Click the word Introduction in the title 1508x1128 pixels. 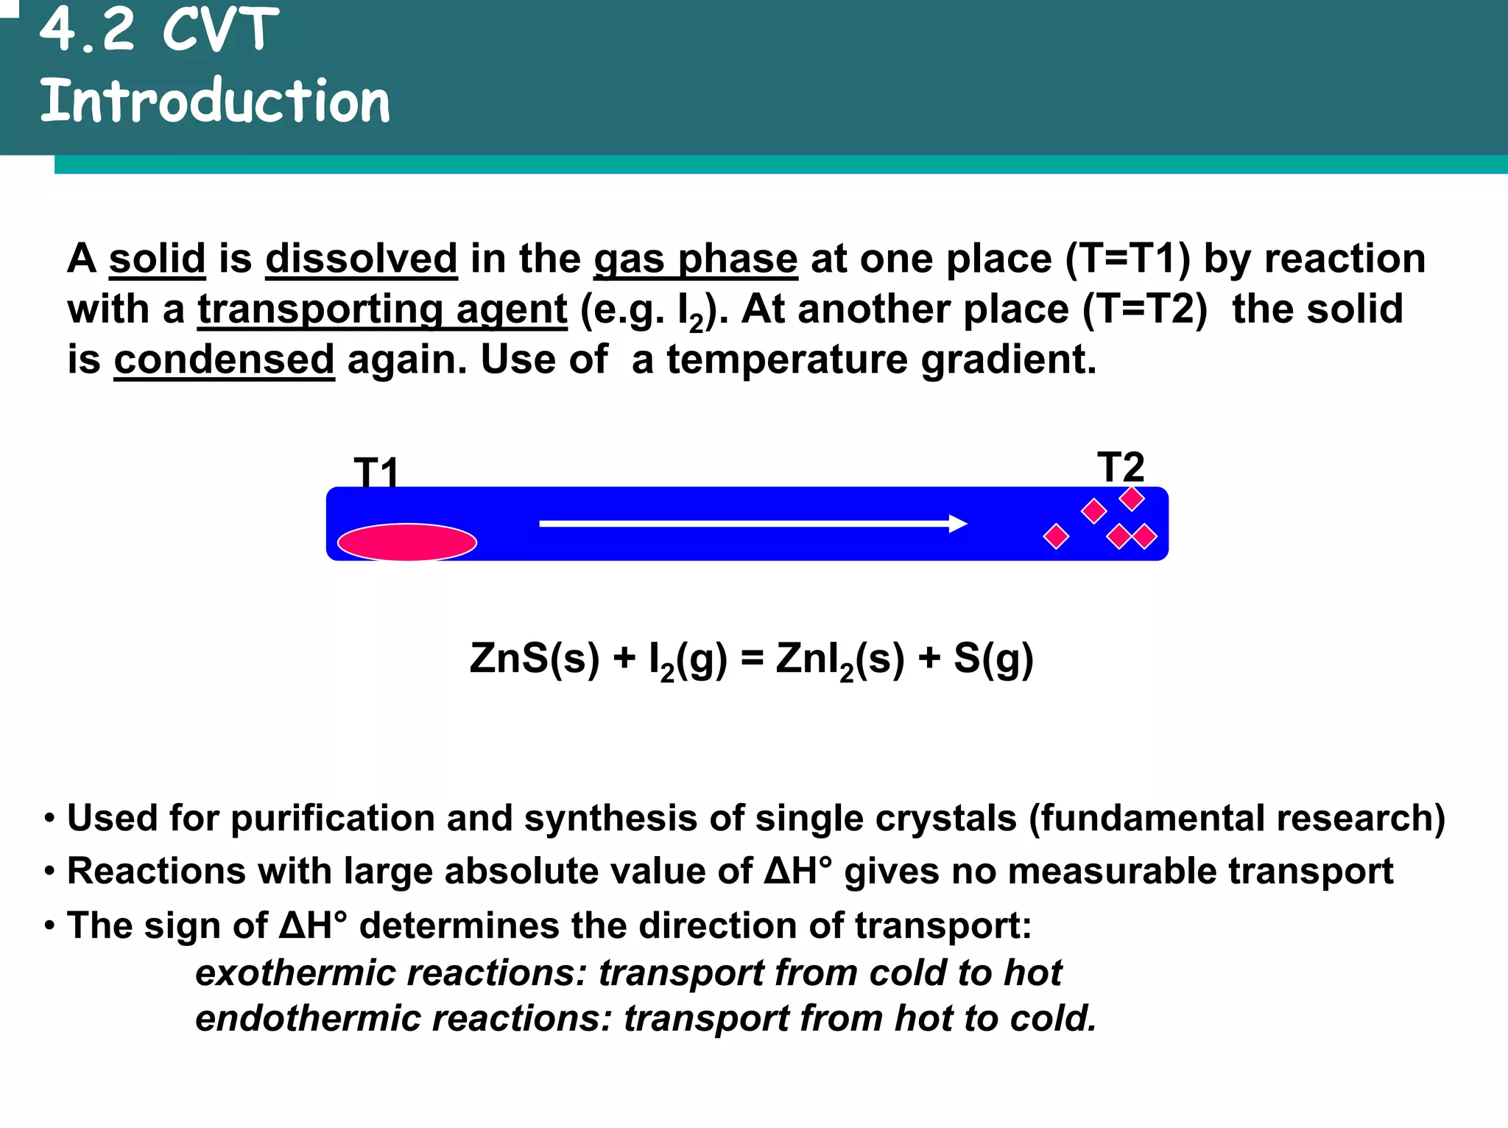click(214, 101)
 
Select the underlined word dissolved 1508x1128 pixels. click(362, 259)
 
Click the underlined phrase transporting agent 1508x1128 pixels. click(382, 309)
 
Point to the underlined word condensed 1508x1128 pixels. click(224, 360)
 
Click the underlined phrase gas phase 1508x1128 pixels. click(696, 259)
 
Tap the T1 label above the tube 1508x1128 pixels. click(376, 472)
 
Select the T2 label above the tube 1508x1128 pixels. click(1121, 466)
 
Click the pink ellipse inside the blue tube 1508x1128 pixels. click(407, 542)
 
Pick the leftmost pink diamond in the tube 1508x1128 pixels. click(1056, 536)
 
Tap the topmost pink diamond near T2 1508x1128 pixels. click(1132, 499)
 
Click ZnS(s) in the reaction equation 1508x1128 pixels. click(534, 659)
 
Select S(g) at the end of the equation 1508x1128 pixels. click(993, 659)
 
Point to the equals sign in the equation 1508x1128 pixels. click(752, 659)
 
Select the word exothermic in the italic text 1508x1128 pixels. click(297, 973)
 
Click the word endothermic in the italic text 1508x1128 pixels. click(309, 1019)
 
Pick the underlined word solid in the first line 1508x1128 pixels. click(157, 259)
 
